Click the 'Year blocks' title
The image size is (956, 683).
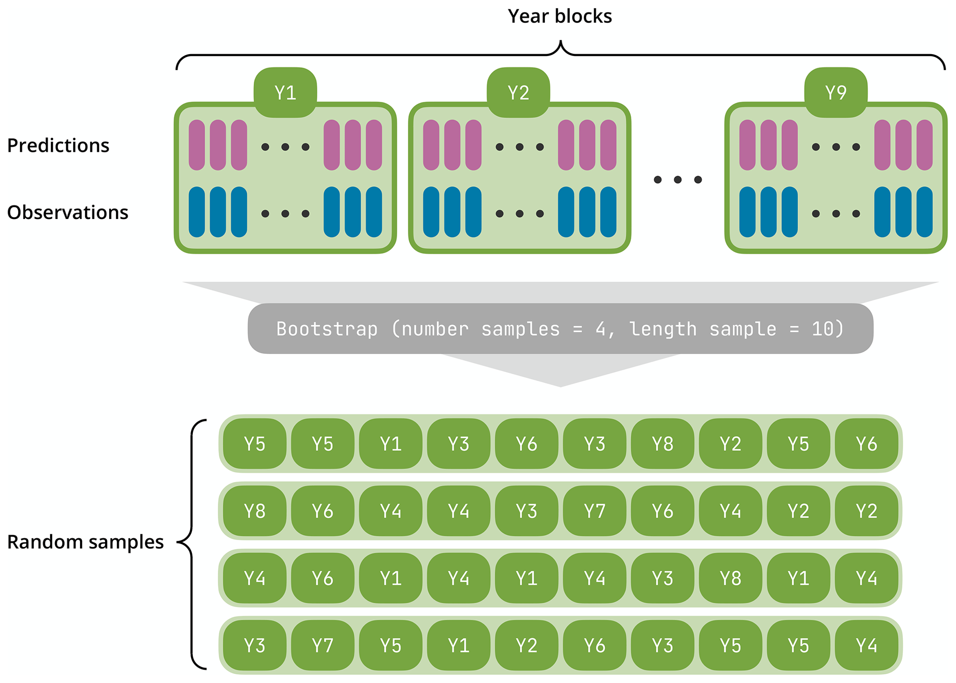coord(560,16)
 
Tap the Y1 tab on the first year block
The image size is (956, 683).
coord(285,93)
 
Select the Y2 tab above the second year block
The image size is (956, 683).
coord(518,93)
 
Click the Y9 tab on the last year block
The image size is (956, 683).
coord(836,93)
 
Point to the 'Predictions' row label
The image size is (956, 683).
coord(58,145)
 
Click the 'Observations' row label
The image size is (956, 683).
coord(68,212)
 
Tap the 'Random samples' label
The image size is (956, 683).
coord(86,542)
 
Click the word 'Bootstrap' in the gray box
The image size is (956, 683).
coord(327,329)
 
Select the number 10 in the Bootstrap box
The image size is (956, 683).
coord(822,329)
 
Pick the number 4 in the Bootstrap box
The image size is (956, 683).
coord(600,329)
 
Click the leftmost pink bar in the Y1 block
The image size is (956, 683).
coord(197,145)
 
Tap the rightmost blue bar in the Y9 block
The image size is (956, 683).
coord(925,212)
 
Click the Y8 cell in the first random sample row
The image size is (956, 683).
coord(662,444)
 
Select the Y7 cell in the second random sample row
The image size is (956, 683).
coord(594,511)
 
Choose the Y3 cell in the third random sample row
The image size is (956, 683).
coord(662,578)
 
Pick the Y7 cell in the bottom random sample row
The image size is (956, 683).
coord(322,645)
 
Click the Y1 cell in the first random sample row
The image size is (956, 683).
coord(390,444)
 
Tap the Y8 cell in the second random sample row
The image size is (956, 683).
coord(254,511)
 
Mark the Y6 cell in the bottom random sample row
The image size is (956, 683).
coord(594,645)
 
